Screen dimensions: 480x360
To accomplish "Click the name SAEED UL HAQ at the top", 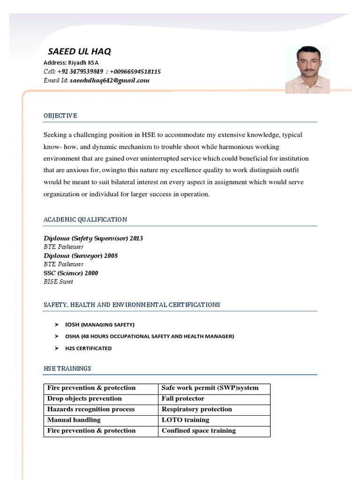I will pyautogui.click(x=80, y=52).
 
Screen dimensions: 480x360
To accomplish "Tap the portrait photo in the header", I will pyautogui.click(x=307, y=69).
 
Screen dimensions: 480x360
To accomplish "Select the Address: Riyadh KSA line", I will pyautogui.click(x=71, y=63).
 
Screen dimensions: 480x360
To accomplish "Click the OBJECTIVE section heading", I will pyautogui.click(x=60, y=116).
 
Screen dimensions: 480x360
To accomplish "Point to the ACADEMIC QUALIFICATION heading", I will pyautogui.click(x=85, y=219).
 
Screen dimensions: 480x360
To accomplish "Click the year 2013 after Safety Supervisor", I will pyautogui.click(x=136, y=238).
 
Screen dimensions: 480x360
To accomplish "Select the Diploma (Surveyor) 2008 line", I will pyautogui.click(x=81, y=255).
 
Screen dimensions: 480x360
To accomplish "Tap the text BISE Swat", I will pyautogui.click(x=59, y=282).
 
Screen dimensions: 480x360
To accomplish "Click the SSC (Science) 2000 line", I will pyautogui.click(x=71, y=273).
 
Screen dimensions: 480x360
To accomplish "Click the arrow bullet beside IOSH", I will pyautogui.click(x=56, y=324).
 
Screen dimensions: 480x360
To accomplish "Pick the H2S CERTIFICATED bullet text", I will pyautogui.click(x=89, y=348).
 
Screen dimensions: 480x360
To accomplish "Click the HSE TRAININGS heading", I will pyautogui.click(x=67, y=368).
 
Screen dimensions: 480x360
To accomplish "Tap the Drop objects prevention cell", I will pyautogui.click(x=84, y=398).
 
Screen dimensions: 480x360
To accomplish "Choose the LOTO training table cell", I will pyautogui.click(x=186, y=420).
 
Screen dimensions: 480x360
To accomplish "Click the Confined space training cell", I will pyautogui.click(x=199, y=431).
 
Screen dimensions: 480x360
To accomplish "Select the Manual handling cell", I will pyautogui.click(x=74, y=420).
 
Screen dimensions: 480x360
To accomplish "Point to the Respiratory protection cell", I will pyautogui.click(x=197, y=409).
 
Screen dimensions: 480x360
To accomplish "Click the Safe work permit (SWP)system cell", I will pyautogui.click(x=210, y=388).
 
